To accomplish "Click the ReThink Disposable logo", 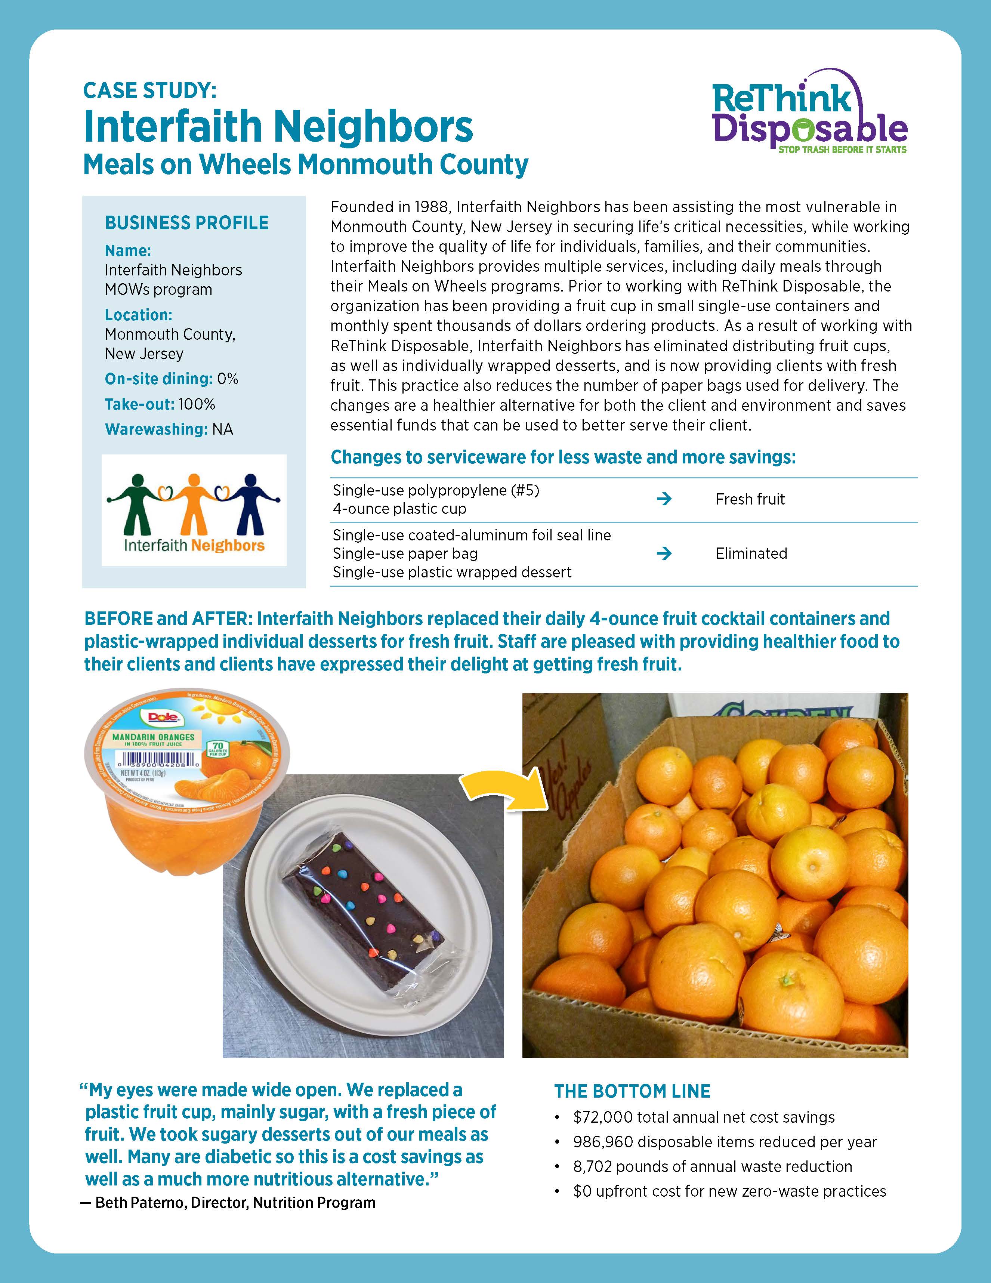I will pyautogui.click(x=809, y=115).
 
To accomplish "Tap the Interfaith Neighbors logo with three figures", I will pyautogui.click(x=194, y=510).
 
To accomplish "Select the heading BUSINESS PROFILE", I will pyautogui.click(x=187, y=223).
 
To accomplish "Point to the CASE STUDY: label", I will pyautogui.click(x=150, y=90).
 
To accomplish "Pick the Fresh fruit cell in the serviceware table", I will pyautogui.click(x=750, y=499).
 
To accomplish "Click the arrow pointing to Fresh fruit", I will pyautogui.click(x=664, y=499).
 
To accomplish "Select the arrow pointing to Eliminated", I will pyautogui.click(x=664, y=553).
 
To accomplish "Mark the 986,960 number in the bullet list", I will pyautogui.click(x=602, y=1142).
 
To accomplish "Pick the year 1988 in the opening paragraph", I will pyautogui.click(x=431, y=207).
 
